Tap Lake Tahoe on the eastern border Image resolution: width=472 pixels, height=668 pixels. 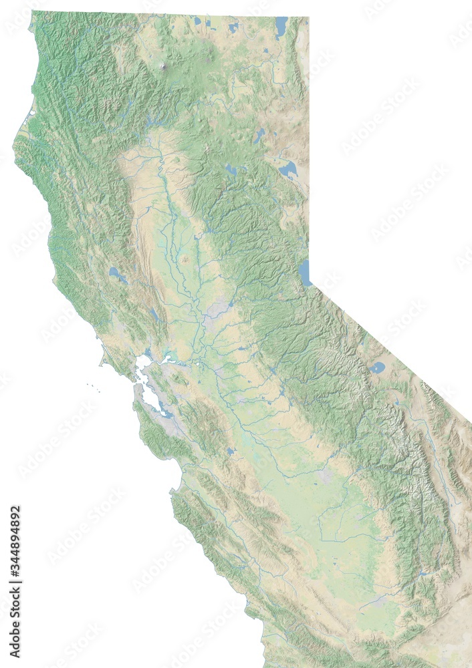pyautogui.click(x=306, y=273)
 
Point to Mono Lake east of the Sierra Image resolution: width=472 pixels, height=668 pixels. pyautogui.click(x=378, y=367)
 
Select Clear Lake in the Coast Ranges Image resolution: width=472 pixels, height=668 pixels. pyautogui.click(x=118, y=275)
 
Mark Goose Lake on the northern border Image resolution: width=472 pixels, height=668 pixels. pyautogui.click(x=281, y=27)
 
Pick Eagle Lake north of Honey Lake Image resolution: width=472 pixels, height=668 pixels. pyautogui.click(x=259, y=136)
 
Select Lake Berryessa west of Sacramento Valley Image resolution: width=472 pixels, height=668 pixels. pyautogui.click(x=154, y=313)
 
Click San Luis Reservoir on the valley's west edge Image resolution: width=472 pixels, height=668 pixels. pyautogui.click(x=231, y=452)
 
